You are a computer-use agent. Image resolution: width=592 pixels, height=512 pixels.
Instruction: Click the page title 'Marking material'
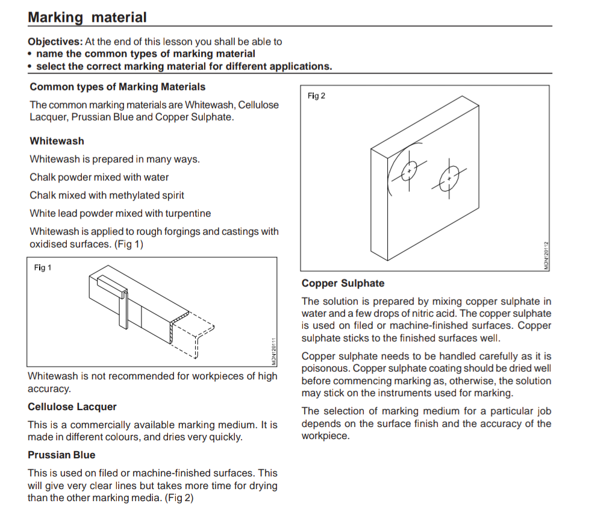tap(87, 17)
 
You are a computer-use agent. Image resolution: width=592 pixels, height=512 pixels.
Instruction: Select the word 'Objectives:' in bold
tap(55, 42)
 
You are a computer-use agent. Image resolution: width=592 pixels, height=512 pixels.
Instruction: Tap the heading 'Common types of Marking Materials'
tap(117, 87)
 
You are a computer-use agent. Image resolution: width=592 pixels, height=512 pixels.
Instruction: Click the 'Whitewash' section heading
tap(57, 141)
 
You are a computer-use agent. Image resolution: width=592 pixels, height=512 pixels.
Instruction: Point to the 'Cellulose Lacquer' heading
tap(72, 407)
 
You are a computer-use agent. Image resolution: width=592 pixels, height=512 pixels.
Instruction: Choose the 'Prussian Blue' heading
tap(61, 455)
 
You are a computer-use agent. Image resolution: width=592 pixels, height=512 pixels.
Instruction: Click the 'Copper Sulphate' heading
tap(343, 283)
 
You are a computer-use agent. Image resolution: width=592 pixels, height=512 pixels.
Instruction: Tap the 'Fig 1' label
tap(43, 267)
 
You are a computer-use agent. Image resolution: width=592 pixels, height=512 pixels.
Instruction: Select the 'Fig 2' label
tap(316, 96)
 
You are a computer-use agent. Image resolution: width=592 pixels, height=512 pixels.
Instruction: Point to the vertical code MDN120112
tap(546, 255)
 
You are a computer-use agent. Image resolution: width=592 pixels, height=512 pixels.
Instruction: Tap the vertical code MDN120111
tap(274, 352)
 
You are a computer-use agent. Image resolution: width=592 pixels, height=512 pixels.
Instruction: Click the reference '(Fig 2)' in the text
tap(179, 498)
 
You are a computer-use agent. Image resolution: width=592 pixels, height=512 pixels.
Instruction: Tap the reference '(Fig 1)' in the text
tap(129, 245)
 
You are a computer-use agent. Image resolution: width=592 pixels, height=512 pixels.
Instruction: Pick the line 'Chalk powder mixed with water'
tap(99, 178)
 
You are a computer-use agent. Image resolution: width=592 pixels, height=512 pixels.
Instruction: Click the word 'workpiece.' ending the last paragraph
tap(325, 436)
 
